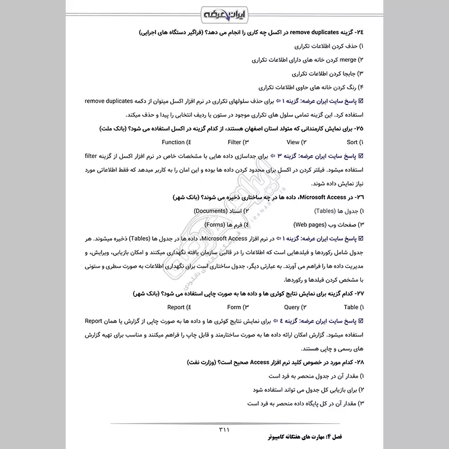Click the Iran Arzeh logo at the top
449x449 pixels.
pyautogui.click(x=224, y=13)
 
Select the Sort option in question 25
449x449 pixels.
pyautogui.click(x=352, y=143)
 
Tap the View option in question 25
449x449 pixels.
pyautogui.click(x=293, y=143)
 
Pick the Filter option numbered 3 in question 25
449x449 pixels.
pyautogui.click(x=234, y=143)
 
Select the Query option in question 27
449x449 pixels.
pyautogui.click(x=292, y=307)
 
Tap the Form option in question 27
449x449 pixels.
pyautogui.click(x=234, y=307)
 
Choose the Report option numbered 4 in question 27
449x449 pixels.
pyautogui.click(x=176, y=307)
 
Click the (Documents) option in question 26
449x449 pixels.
pyautogui.click(x=211, y=210)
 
